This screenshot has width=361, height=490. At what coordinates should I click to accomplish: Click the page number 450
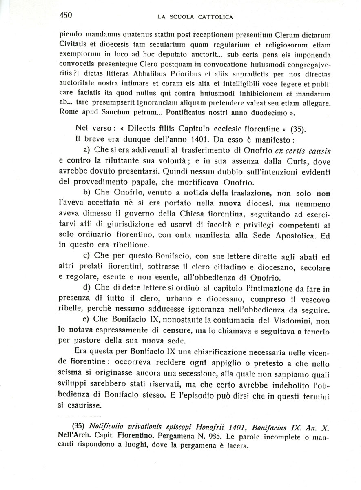coord(66,16)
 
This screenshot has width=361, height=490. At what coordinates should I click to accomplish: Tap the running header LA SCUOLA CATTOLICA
coord(195,17)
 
